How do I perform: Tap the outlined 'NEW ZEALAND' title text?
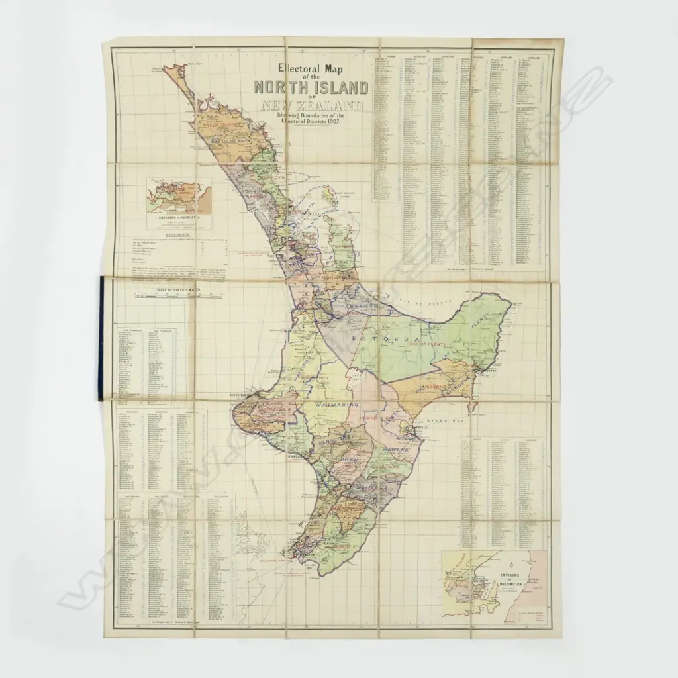click(311, 106)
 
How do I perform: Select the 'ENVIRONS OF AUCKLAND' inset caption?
click(175, 217)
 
